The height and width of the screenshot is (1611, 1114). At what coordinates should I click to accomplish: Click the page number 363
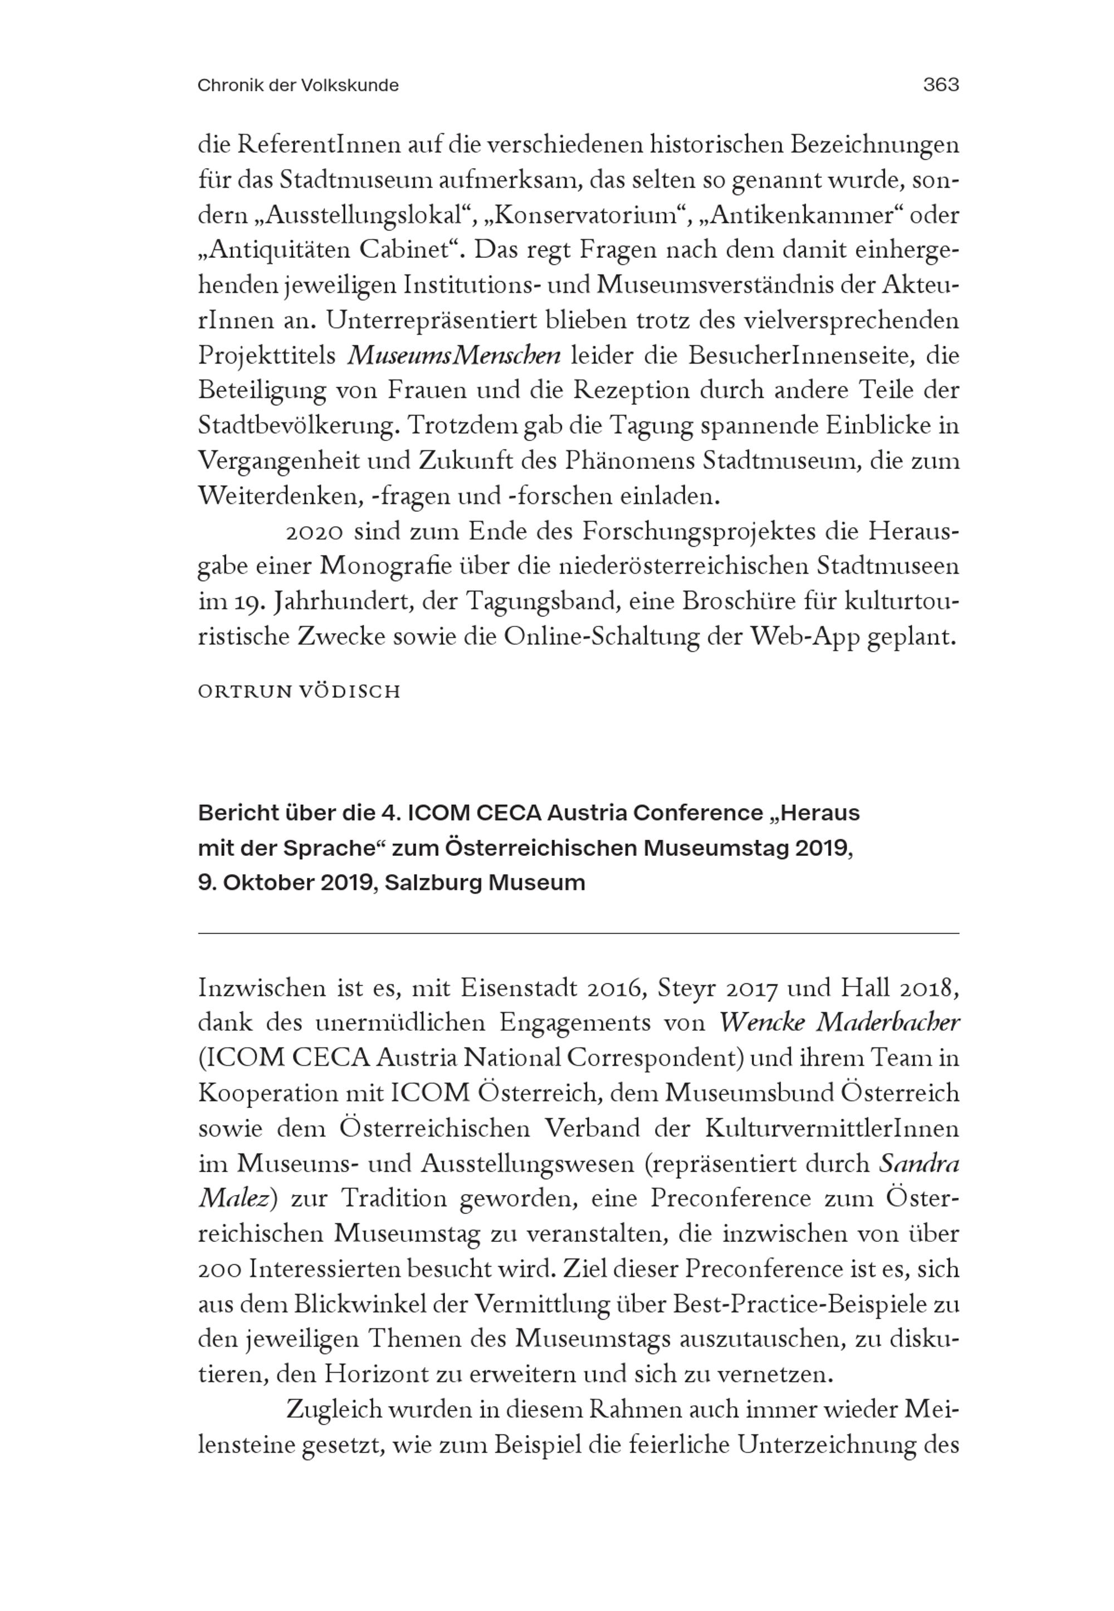(x=940, y=85)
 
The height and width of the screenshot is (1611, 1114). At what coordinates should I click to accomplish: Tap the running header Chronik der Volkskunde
(x=298, y=86)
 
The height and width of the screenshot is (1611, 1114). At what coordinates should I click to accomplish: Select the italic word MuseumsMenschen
(x=454, y=356)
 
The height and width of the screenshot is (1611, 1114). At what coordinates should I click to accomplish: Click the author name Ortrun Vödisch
(x=300, y=692)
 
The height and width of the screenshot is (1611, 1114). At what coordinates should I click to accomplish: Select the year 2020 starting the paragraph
(x=314, y=532)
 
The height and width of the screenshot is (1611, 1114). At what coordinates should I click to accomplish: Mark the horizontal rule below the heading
(x=578, y=933)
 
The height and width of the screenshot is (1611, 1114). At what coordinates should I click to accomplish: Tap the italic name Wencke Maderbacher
(x=839, y=1024)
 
